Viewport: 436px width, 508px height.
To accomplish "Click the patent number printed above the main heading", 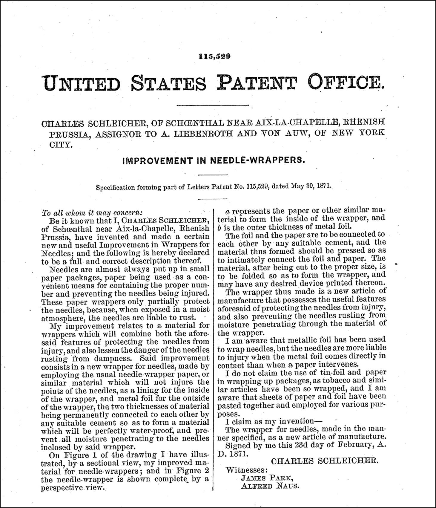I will [x=214, y=56].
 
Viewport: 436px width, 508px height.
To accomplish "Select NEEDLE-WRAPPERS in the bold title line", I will [x=257, y=160].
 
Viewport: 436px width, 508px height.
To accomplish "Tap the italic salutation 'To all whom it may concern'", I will [x=92, y=213].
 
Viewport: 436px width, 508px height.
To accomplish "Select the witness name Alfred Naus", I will [x=269, y=486].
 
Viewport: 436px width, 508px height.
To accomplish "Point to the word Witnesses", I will [x=247, y=469].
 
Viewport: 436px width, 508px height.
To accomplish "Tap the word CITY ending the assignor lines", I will [x=61, y=145].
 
